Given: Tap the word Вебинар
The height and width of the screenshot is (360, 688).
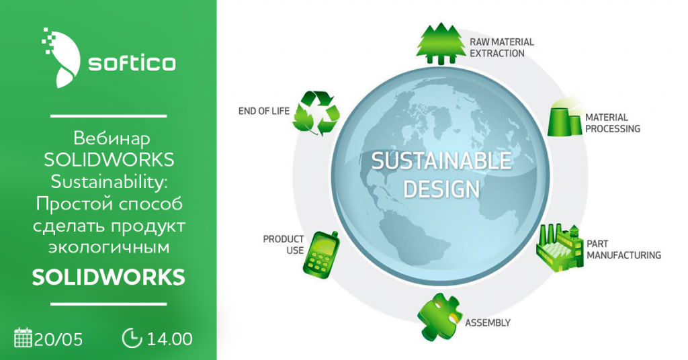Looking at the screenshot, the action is tap(112, 138).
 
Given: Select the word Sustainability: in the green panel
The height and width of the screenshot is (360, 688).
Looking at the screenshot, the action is tap(109, 182).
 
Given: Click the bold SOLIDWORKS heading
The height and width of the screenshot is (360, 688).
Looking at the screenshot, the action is tap(108, 277).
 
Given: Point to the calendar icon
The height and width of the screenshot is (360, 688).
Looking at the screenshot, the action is tap(24, 337).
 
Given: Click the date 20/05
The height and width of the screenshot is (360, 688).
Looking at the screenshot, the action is tap(58, 339).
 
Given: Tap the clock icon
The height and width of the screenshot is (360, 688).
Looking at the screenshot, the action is tap(132, 338).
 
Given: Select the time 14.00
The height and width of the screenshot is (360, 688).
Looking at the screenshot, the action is tap(169, 339).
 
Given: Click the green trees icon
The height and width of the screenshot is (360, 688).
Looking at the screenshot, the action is tap(440, 44).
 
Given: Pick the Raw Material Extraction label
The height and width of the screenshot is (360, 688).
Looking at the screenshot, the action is tap(501, 48).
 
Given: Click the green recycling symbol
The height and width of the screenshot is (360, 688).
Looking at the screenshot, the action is tap(316, 113).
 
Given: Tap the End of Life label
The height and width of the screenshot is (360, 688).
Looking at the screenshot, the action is tap(263, 111).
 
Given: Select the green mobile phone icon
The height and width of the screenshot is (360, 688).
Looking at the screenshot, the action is tap(320, 255).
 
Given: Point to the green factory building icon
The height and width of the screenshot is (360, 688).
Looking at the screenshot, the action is tap(560, 249).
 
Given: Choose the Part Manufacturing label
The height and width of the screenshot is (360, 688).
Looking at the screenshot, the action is tap(623, 249).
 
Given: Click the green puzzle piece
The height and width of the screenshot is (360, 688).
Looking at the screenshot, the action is tap(439, 316).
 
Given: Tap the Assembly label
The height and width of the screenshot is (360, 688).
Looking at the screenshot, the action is tap(488, 323).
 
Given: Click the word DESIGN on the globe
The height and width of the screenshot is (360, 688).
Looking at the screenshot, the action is tap(441, 189).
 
